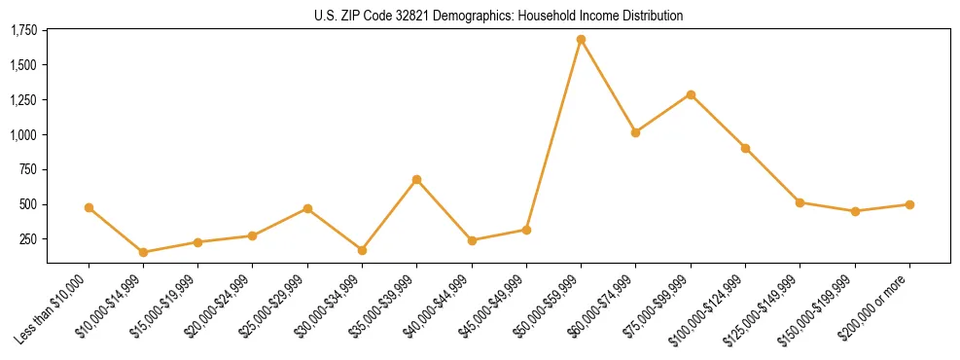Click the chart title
click(x=498, y=16)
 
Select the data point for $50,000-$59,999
click(x=581, y=40)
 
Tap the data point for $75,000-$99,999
click(x=691, y=94)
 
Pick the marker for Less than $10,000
click(x=89, y=207)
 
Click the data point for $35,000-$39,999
click(x=416, y=179)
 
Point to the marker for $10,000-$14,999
click(x=143, y=252)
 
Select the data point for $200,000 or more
click(x=909, y=204)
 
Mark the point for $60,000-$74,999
click(x=635, y=132)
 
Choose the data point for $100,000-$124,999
click(x=745, y=148)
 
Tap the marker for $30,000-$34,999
click(x=362, y=250)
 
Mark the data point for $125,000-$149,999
click(x=800, y=202)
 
